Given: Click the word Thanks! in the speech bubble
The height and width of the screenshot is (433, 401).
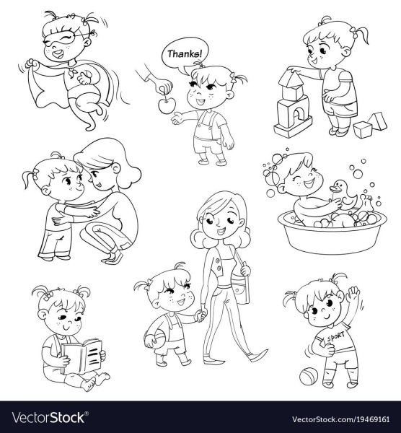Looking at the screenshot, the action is [x=185, y=53].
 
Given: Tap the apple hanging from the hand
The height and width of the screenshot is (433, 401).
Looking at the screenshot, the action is [x=167, y=105].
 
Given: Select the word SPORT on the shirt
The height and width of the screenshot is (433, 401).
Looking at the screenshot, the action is [x=335, y=337].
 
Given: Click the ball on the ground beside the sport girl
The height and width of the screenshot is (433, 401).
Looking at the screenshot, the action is [x=309, y=377].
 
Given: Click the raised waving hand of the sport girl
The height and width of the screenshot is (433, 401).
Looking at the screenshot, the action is [x=353, y=294].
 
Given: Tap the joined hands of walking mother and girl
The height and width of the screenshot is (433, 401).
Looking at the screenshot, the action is [x=201, y=314].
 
